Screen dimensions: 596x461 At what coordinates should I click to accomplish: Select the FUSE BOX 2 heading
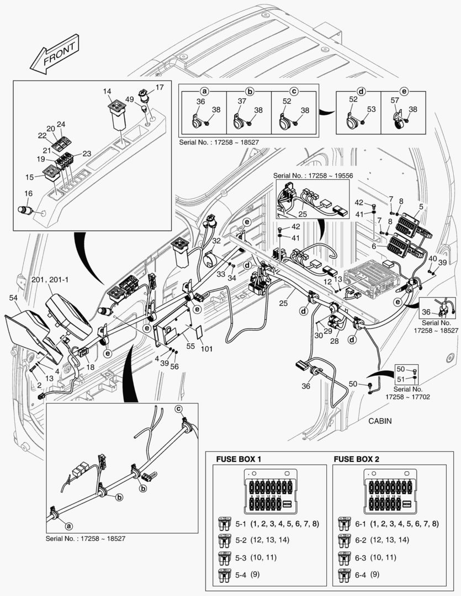point(356,459)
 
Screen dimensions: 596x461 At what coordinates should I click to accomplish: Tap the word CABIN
point(380,421)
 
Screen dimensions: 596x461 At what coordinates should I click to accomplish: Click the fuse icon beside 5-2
point(225,540)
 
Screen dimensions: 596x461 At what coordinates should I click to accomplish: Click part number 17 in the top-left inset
point(159,87)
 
